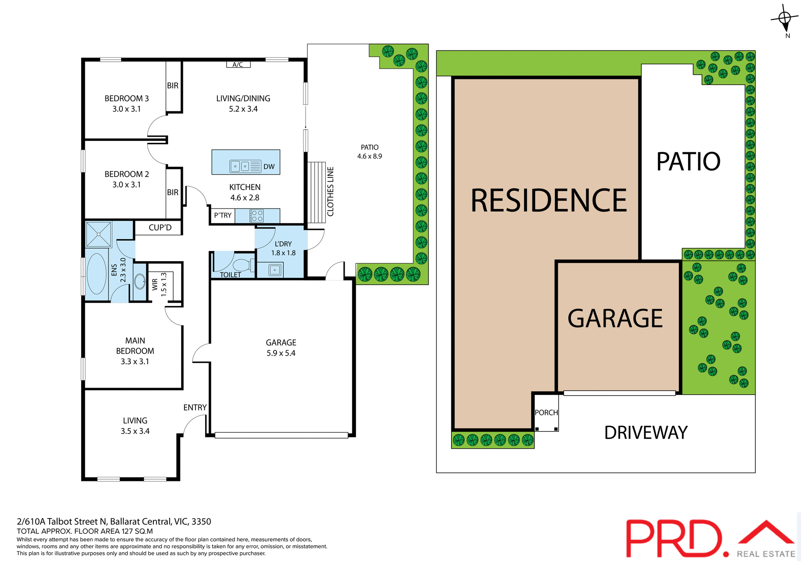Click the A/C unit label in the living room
[x=238, y=64]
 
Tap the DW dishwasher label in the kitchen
[x=269, y=167]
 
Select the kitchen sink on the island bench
[x=240, y=167]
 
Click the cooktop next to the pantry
[x=257, y=216]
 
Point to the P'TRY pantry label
[x=223, y=215]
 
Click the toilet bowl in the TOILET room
[x=242, y=265]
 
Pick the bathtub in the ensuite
[x=97, y=274]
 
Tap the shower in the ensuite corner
[x=99, y=234]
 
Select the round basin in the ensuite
[x=140, y=282]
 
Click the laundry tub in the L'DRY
[x=275, y=270]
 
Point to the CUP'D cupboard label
[x=160, y=227]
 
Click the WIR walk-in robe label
[x=155, y=284]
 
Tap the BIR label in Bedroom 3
[x=173, y=86]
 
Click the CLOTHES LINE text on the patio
[x=330, y=192]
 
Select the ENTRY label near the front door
[x=195, y=407]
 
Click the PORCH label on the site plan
[x=546, y=412]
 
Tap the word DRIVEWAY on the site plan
[x=646, y=433]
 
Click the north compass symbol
[x=784, y=19]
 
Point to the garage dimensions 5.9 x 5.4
[x=281, y=353]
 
